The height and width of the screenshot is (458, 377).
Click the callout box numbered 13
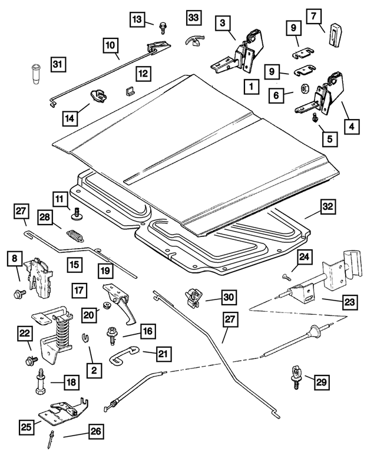click(x=137, y=19)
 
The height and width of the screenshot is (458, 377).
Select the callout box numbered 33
click(x=194, y=18)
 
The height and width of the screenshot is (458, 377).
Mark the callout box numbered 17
click(x=80, y=289)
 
